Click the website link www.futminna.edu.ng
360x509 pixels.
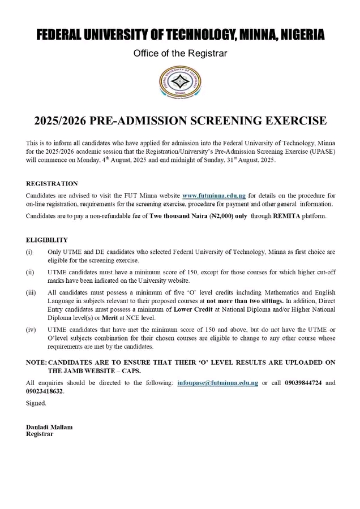(213, 195)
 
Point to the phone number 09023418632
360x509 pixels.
(45, 391)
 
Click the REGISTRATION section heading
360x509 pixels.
(52, 184)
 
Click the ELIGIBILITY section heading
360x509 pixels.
(47, 240)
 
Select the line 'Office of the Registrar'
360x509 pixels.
(180, 54)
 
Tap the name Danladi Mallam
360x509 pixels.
(49, 427)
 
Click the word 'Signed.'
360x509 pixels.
(36, 403)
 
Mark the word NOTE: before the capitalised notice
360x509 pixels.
(37, 362)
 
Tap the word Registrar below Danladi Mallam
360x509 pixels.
(40, 434)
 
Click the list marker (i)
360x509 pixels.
(31, 251)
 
